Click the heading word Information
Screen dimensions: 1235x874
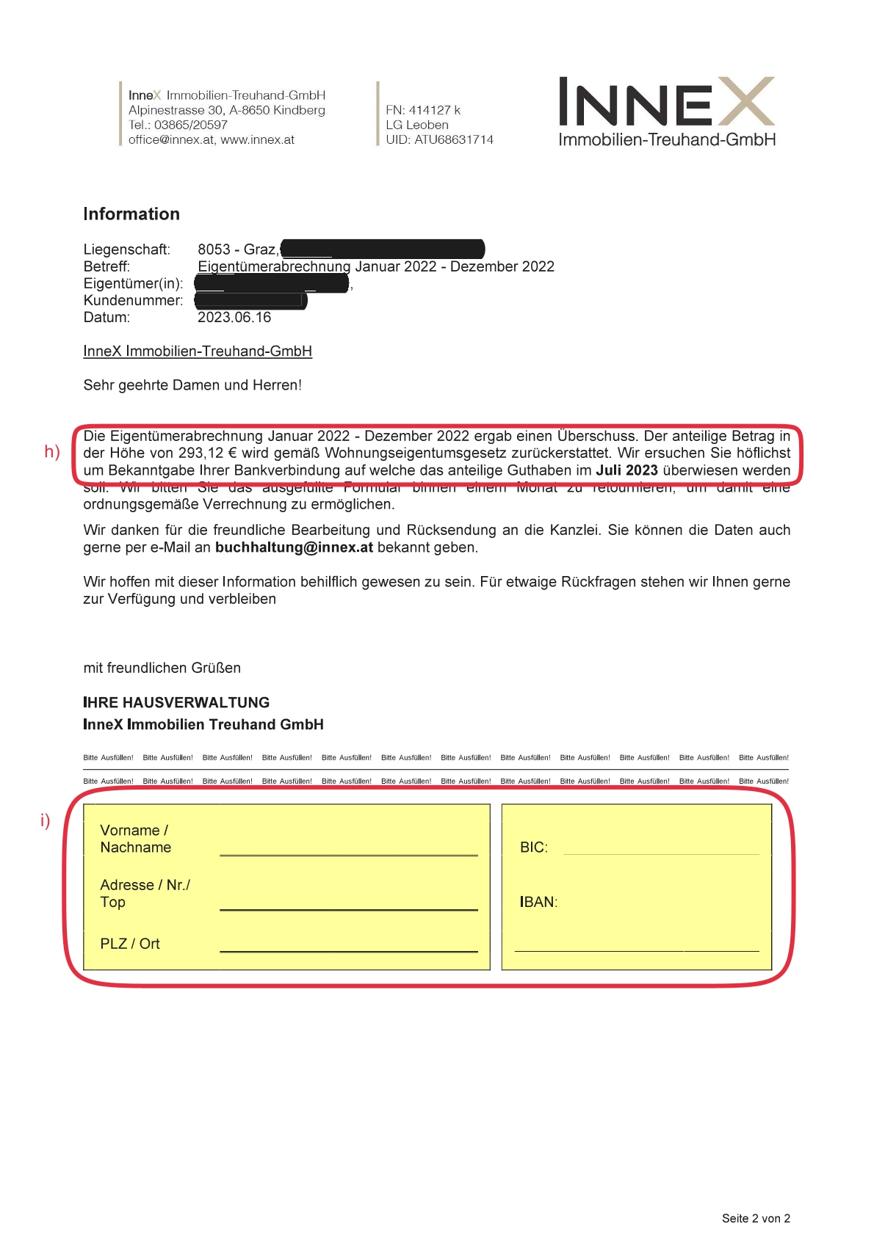pyautogui.click(x=131, y=214)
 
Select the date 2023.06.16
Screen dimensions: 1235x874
pyautogui.click(x=234, y=318)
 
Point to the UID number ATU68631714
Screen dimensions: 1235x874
pyautogui.click(x=454, y=139)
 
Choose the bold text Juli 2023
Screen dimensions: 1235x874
pyautogui.click(x=626, y=470)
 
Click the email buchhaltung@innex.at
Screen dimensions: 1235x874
pyautogui.click(x=294, y=547)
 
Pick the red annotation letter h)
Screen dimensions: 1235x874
pyautogui.click(x=52, y=451)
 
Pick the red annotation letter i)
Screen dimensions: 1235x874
pyautogui.click(x=46, y=820)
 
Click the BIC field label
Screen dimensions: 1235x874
pyautogui.click(x=534, y=848)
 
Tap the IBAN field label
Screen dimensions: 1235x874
pyautogui.click(x=538, y=903)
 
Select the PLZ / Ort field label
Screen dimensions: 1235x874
pyautogui.click(x=130, y=944)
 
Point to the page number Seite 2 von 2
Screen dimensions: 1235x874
pyautogui.click(x=756, y=1219)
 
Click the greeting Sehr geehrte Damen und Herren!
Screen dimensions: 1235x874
pyautogui.click(x=192, y=385)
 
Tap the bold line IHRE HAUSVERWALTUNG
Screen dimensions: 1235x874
pyautogui.click(x=176, y=703)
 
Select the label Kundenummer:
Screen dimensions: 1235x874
pyautogui.click(x=133, y=301)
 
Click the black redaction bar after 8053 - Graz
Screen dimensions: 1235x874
pyautogui.click(x=382, y=249)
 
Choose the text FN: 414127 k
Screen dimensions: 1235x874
pyautogui.click(x=423, y=110)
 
